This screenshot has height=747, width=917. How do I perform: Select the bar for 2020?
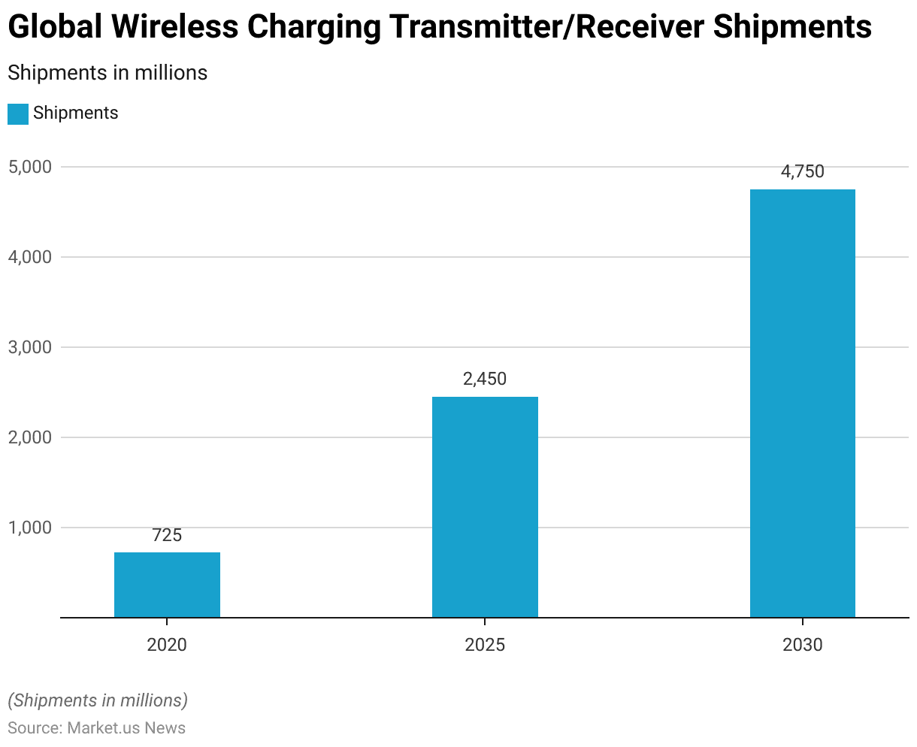(167, 585)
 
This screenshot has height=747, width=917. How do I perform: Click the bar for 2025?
(485, 507)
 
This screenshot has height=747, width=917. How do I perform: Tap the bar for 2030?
(803, 404)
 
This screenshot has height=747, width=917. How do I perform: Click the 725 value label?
(167, 535)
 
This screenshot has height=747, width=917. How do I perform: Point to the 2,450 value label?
(485, 379)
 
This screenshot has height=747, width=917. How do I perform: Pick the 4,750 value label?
(803, 171)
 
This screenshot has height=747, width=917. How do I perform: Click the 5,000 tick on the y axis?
(30, 167)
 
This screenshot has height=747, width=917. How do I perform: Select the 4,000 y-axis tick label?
(30, 257)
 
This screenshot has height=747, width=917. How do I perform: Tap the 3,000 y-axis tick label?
(30, 347)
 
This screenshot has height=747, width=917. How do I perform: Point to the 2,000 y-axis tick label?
(30, 437)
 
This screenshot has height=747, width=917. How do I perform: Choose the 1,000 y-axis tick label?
(30, 528)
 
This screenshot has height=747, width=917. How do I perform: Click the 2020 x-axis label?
(167, 645)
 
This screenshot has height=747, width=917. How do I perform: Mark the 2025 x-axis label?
(485, 645)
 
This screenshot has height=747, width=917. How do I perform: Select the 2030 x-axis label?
(803, 645)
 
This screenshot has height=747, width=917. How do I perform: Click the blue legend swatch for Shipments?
(18, 113)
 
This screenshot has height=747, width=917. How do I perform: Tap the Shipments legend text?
(76, 113)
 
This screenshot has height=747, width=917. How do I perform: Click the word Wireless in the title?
(174, 28)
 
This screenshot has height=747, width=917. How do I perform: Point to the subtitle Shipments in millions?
(107, 73)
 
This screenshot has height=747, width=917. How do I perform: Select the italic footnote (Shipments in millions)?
(98, 700)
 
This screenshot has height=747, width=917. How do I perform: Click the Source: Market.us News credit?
(96, 727)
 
